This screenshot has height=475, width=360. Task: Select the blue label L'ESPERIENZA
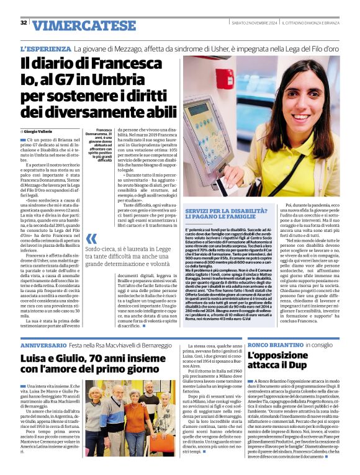45,48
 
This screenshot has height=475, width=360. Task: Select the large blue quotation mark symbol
91,239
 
